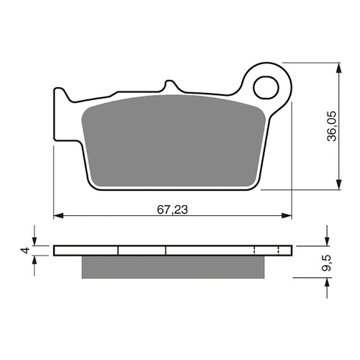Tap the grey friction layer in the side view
point(172,266)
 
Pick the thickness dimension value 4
point(23,251)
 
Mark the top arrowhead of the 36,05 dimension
point(338,66)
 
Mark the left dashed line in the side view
point(256,251)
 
